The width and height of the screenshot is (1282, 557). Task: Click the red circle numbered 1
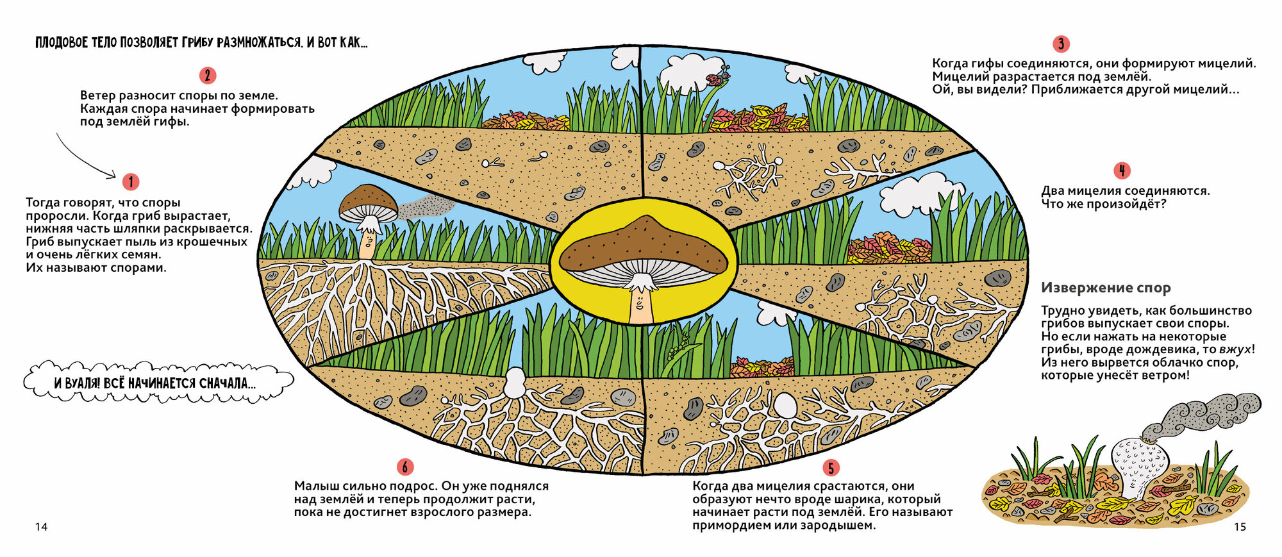130,182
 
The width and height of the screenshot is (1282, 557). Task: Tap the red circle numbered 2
207,76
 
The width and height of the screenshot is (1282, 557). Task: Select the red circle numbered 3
1061,44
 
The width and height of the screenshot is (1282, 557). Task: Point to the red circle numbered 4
1122,170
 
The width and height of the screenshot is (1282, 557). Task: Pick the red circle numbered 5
831,468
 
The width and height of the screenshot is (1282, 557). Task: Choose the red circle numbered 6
404,467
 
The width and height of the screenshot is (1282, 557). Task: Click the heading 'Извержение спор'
1105,288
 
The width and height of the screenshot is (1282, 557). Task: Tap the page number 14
41,527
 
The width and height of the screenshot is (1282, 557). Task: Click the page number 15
1240,527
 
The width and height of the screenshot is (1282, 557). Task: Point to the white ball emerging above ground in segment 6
514,383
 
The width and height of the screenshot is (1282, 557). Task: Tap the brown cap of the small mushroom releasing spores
368,199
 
